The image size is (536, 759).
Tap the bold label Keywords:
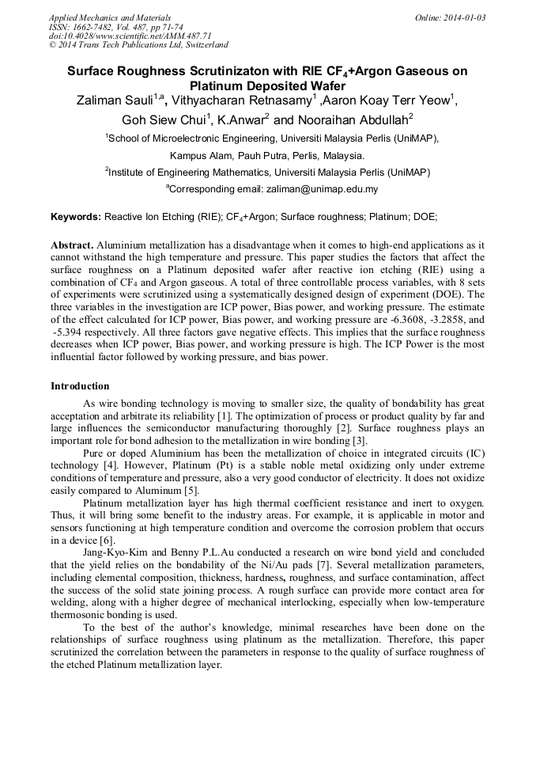[76, 216]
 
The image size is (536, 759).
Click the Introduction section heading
[80, 386]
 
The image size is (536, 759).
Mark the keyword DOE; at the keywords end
[424, 216]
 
